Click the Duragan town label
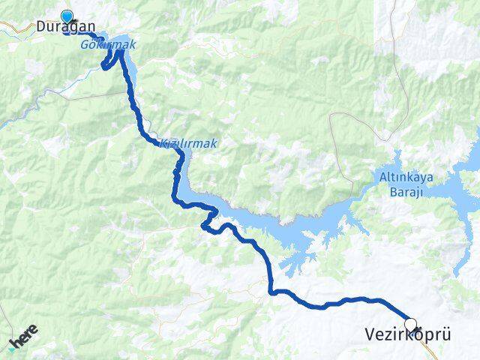pyautogui.click(x=65, y=26)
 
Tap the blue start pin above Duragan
pyautogui.click(x=67, y=16)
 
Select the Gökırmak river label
pyautogui.click(x=108, y=46)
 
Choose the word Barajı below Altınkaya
pyautogui.click(x=406, y=193)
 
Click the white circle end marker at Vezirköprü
pyautogui.click(x=409, y=325)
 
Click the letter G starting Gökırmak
pyautogui.click(x=85, y=46)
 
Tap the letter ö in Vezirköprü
pyautogui.click(x=417, y=334)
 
